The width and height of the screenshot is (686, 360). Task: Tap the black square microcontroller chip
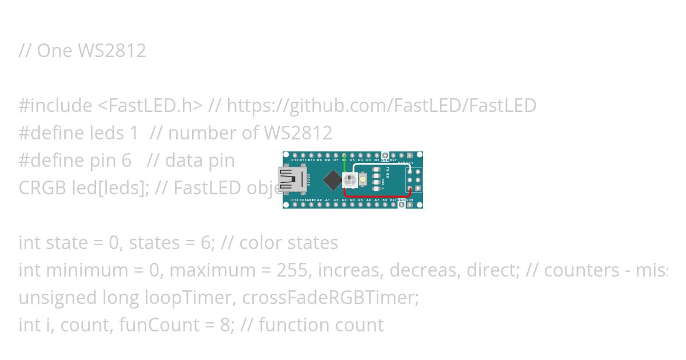(x=332, y=181)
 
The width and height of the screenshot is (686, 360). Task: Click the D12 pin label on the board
(x=294, y=161)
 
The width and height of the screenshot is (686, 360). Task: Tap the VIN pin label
(x=409, y=200)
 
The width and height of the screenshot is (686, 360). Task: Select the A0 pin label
(x=320, y=200)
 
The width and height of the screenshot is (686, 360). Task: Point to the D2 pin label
(x=376, y=161)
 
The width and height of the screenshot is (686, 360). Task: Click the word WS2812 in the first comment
(x=111, y=51)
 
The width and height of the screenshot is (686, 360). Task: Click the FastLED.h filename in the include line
(x=150, y=106)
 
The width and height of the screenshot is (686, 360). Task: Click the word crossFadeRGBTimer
(x=330, y=298)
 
